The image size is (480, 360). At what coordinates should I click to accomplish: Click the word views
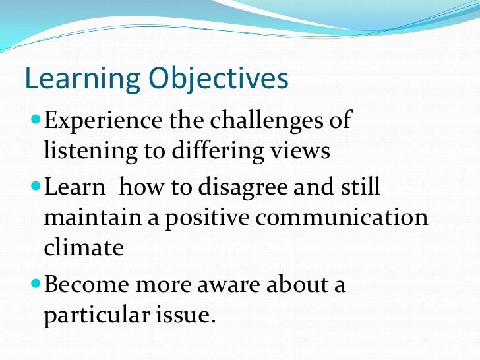pos(300,151)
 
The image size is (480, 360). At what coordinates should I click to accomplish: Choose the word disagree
pos(253,187)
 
